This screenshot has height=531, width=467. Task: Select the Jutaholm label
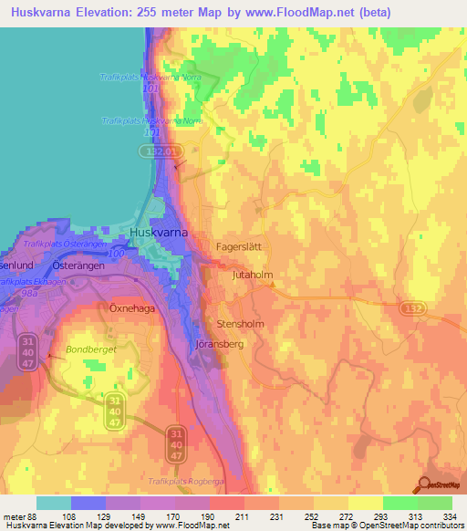(253, 274)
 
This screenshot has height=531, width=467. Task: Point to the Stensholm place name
(241, 323)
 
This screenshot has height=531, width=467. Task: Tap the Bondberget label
(88, 349)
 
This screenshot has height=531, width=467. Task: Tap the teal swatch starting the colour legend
(53, 503)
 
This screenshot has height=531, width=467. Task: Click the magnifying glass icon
(425, 487)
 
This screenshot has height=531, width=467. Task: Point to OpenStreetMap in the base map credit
(430, 526)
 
